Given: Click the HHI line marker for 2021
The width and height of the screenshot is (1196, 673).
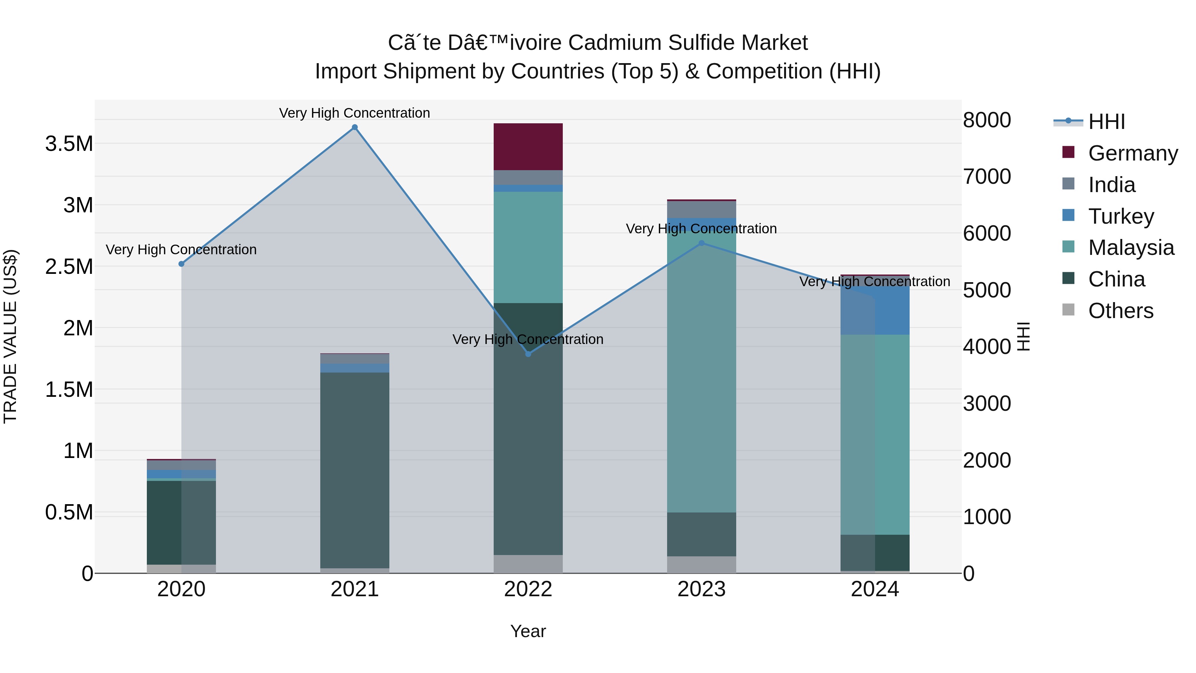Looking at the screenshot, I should point(355,127).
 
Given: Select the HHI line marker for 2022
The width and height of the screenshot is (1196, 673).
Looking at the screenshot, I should point(528,354).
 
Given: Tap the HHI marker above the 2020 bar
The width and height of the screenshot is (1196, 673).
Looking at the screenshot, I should point(181,264).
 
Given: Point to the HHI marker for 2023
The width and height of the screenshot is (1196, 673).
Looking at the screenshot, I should point(702,243).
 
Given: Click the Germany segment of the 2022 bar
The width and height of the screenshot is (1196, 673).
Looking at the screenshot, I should point(528,147).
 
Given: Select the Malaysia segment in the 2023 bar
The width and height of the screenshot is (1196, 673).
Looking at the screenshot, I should point(702,372).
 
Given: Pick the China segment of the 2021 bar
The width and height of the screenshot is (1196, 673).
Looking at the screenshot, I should point(355,469).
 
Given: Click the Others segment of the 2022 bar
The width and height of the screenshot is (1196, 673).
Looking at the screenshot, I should point(528,564).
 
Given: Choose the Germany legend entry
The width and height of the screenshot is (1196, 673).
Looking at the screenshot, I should point(1133,153).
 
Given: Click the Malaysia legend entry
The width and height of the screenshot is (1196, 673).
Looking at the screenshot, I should point(1131,248).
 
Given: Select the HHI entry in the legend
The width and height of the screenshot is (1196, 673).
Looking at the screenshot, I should point(1106,122).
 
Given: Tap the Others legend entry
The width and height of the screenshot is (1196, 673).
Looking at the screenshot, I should point(1120,311).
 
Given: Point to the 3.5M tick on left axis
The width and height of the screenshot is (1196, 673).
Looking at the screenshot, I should point(69,144).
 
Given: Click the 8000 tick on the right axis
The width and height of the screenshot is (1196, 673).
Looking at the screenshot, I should point(987,120).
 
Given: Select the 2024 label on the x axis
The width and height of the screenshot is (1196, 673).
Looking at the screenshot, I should point(875,589).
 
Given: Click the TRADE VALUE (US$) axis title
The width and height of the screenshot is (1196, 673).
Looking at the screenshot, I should point(10,336).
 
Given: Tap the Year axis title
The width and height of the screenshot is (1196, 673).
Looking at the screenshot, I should point(528,631).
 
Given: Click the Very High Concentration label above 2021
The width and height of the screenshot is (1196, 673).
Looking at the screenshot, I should point(355,113).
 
